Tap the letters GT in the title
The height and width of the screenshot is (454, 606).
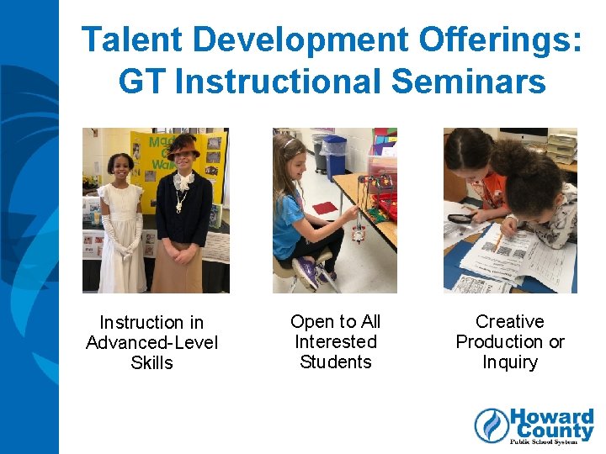[142, 82]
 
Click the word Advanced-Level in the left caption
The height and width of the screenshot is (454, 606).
[151, 343]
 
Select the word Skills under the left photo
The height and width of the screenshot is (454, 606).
[151, 363]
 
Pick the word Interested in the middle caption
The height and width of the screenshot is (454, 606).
[335, 342]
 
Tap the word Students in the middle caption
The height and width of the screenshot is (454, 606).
[335, 362]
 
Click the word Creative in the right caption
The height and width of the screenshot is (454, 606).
[509, 322]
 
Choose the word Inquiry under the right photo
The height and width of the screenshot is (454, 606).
[509, 362]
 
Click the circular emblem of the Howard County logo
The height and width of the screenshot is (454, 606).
[492, 425]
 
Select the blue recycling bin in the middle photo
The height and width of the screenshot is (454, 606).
[336, 156]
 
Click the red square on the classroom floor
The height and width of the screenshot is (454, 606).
[324, 208]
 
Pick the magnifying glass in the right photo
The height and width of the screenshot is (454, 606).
[461, 219]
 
